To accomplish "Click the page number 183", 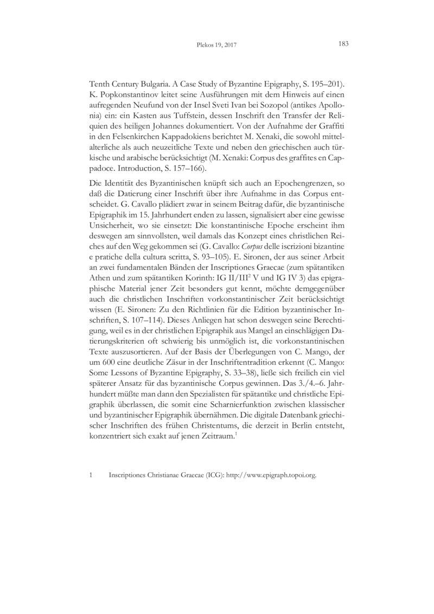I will click(x=343, y=44).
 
